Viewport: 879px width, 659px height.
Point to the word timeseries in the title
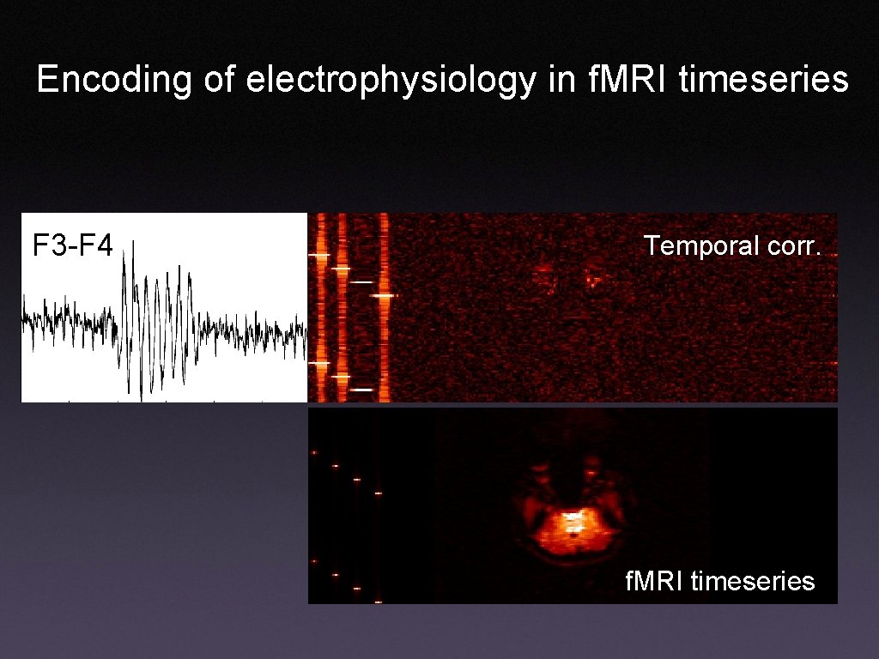click(763, 80)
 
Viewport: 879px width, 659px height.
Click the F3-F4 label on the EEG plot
click(72, 246)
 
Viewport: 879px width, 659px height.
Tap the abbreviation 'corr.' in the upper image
click(792, 246)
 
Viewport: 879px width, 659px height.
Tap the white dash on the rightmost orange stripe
click(383, 295)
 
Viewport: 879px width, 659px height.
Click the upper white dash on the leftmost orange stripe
click(319, 256)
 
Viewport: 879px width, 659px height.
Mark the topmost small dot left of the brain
click(315, 452)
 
